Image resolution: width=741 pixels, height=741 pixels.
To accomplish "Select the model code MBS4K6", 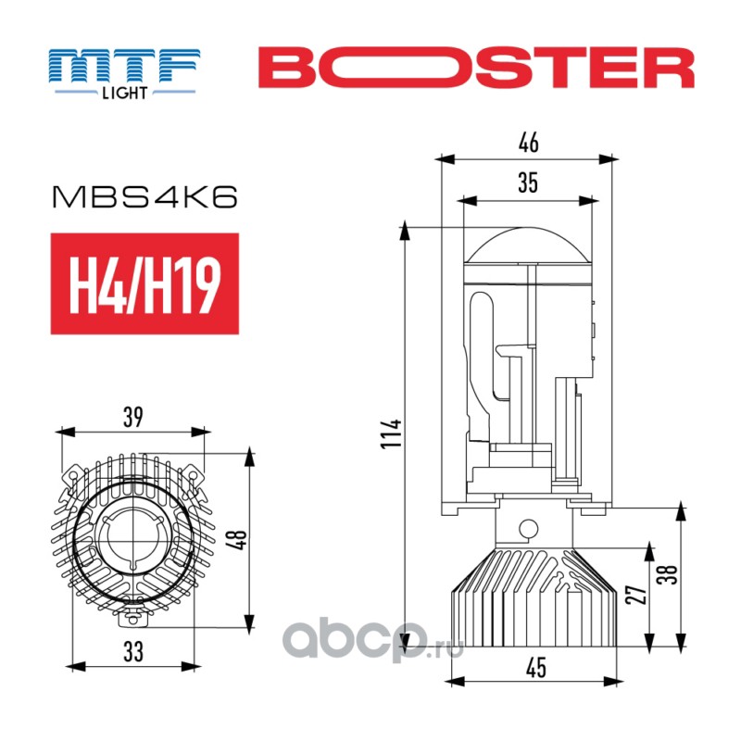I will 146,197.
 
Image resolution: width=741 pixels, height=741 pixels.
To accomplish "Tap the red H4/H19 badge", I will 144,283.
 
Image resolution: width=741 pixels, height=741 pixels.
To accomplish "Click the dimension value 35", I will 528,183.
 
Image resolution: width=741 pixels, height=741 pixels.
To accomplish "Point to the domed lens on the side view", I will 528,245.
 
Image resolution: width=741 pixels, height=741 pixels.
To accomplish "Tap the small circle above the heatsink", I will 529,531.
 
